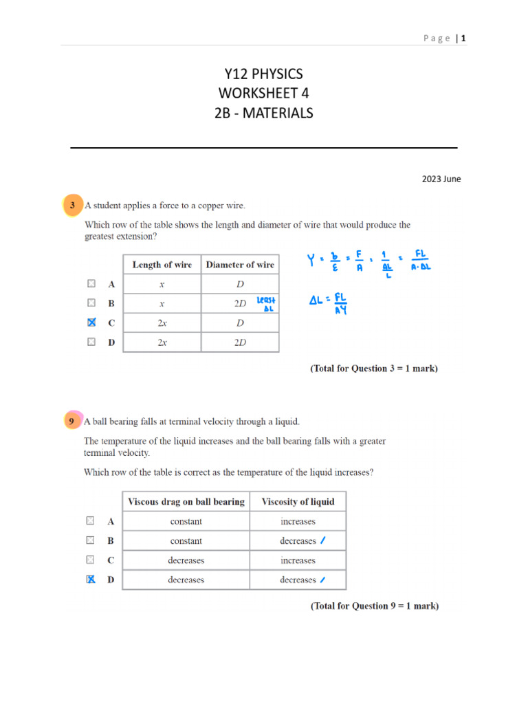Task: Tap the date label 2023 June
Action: pyautogui.click(x=441, y=179)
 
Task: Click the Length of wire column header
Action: pyautogui.click(x=162, y=265)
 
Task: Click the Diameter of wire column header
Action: pyautogui.click(x=240, y=265)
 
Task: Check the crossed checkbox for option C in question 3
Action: pyautogui.click(x=91, y=322)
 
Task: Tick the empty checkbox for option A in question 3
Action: pyautogui.click(x=91, y=283)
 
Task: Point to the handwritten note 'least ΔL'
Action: pyautogui.click(x=265, y=304)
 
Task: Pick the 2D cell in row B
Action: pyautogui.click(x=239, y=303)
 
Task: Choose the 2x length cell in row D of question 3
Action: pyautogui.click(x=162, y=342)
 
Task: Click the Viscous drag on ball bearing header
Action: pyautogui.click(x=186, y=502)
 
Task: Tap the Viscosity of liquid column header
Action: pyautogui.click(x=298, y=502)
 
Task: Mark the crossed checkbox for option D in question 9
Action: pyautogui.click(x=91, y=580)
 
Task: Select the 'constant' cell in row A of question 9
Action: pyautogui.click(x=186, y=522)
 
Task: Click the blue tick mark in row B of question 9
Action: pyautogui.click(x=323, y=540)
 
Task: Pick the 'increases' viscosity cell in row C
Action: pyautogui.click(x=298, y=560)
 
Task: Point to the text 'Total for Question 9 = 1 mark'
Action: pyautogui.click(x=375, y=606)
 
